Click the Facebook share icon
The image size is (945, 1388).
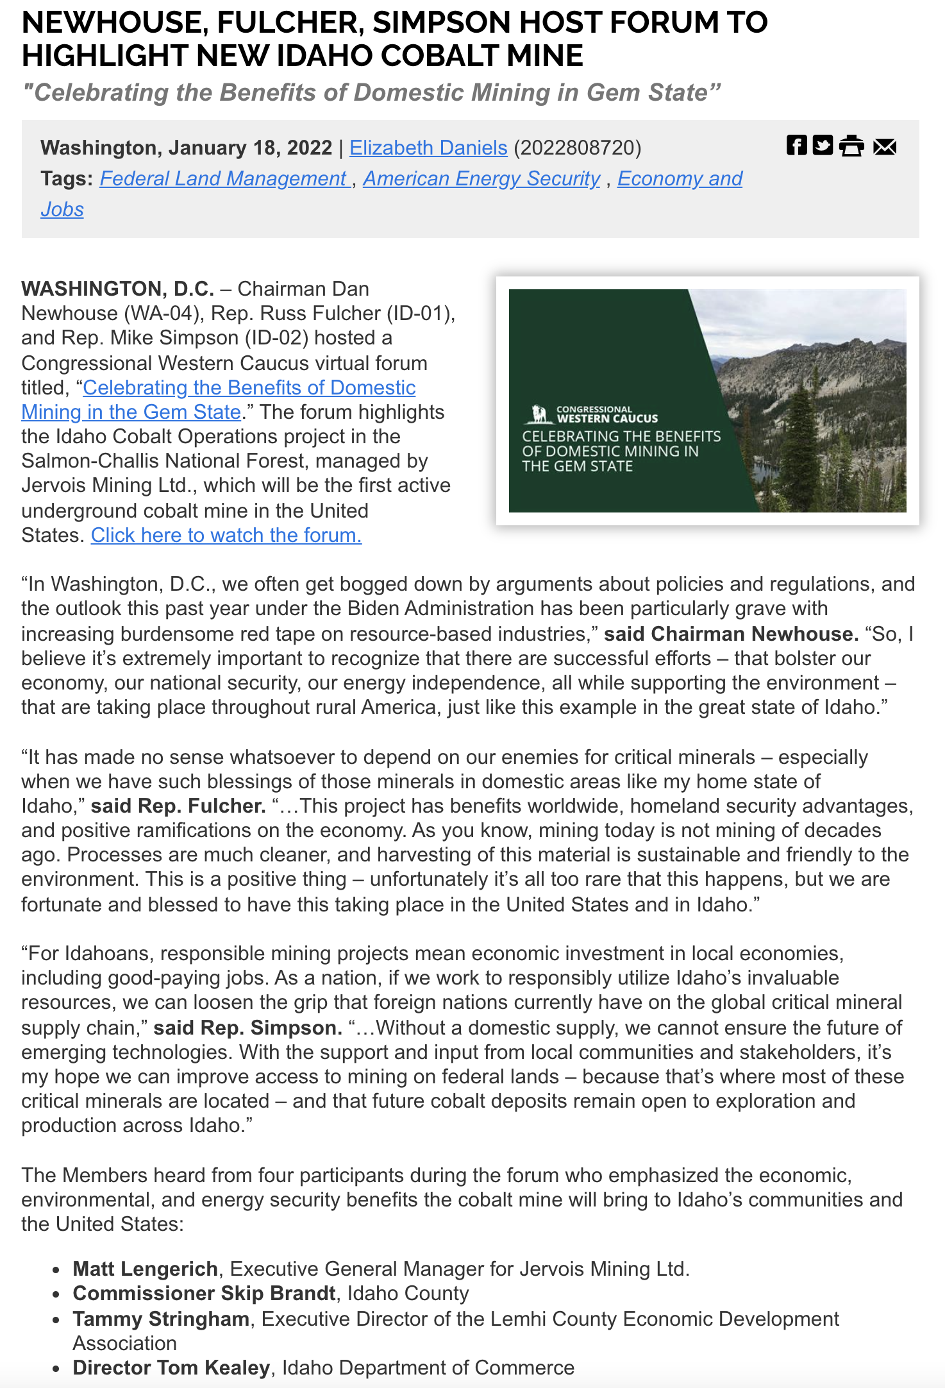click(x=796, y=146)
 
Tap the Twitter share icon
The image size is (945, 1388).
click(x=823, y=146)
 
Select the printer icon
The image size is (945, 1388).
click(x=852, y=146)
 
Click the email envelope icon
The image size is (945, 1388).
click(x=885, y=146)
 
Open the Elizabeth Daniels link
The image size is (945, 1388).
click(x=428, y=148)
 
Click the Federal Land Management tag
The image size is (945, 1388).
click(x=224, y=178)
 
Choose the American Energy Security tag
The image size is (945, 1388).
click(x=481, y=178)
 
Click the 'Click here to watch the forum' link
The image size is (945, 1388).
click(x=226, y=535)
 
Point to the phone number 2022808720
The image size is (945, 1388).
click(x=577, y=148)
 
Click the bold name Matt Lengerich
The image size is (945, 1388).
click(x=146, y=1269)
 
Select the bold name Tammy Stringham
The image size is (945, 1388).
click(x=161, y=1319)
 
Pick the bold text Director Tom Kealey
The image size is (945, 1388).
click(x=171, y=1367)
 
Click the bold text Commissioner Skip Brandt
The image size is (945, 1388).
click(x=205, y=1293)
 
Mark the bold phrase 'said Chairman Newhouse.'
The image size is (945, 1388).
click(x=731, y=634)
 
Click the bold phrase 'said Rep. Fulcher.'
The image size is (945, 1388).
click(x=178, y=806)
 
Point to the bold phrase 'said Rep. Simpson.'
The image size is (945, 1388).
click(x=248, y=1028)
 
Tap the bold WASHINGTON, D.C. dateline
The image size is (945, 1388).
click(x=117, y=289)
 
